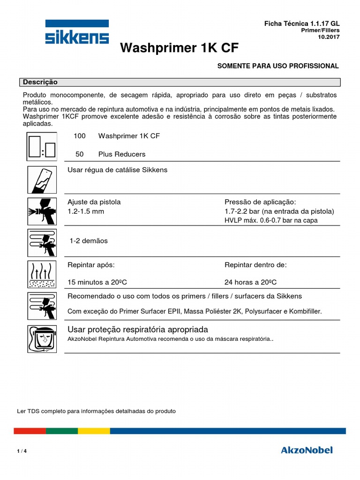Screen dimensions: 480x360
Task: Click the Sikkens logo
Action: point(77,32)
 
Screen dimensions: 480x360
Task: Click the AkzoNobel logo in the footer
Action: point(307,450)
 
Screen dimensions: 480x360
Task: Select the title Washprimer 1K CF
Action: point(183,48)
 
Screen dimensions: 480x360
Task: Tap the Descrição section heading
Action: point(40,82)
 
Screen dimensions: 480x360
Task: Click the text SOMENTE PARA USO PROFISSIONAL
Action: point(278,66)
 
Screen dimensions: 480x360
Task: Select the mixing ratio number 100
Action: point(80,136)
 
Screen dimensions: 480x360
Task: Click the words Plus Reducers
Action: point(122,154)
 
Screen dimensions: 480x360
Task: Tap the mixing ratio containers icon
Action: point(42,146)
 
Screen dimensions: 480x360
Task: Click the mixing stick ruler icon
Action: point(42,180)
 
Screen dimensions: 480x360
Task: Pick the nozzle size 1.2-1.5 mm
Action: point(86,211)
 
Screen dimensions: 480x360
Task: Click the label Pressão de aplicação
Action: point(260,202)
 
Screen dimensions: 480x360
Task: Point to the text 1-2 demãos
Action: point(89,241)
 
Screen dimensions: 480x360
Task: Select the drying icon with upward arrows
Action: point(42,274)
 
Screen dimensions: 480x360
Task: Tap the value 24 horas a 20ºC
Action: point(250,282)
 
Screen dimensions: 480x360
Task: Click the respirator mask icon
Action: point(42,338)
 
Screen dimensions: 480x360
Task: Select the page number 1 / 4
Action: point(22,451)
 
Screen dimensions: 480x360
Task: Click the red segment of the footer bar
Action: point(30,431)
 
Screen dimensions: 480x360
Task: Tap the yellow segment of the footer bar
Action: point(94,431)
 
